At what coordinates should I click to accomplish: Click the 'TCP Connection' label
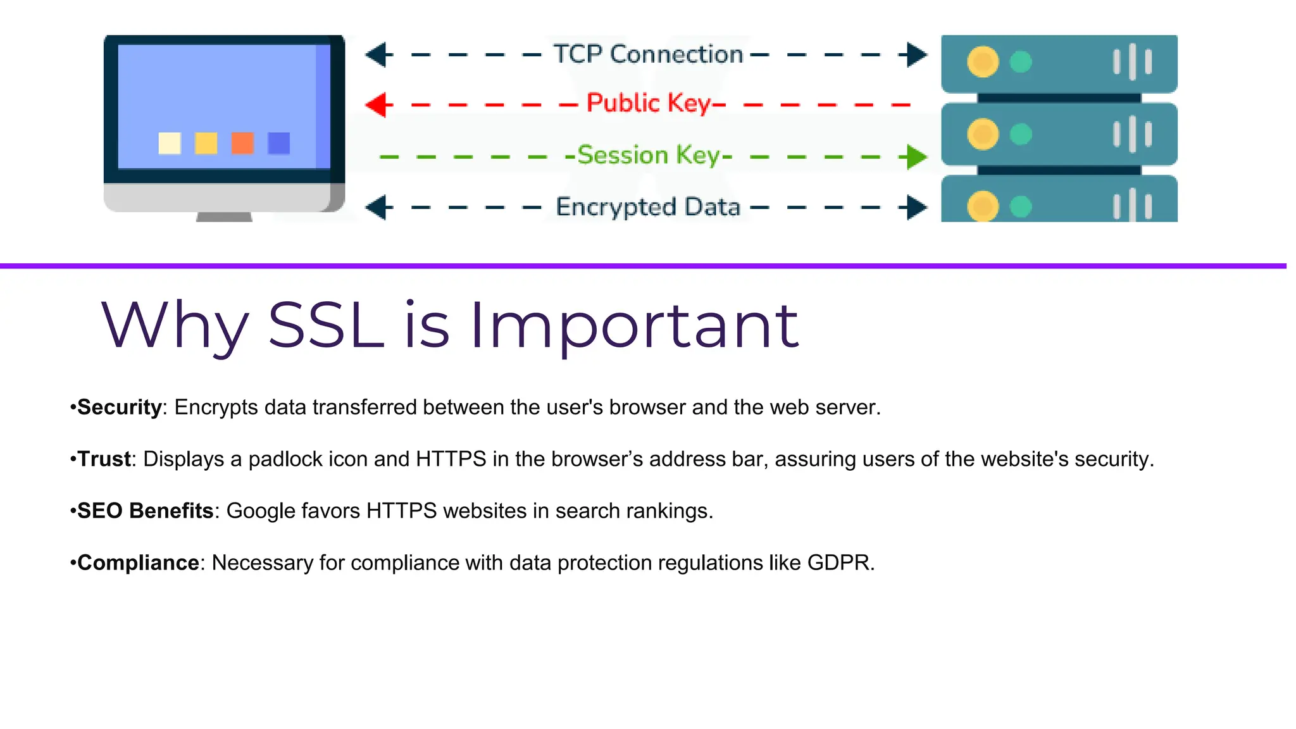tap(647, 54)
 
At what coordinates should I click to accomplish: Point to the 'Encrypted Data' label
tap(648, 207)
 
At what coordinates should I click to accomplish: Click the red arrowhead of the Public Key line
tap(378, 105)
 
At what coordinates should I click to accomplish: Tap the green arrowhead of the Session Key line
tap(915, 157)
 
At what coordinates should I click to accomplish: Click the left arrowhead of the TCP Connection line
tap(378, 55)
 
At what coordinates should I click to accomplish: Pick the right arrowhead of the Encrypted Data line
tap(915, 208)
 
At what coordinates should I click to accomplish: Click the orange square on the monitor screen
tap(242, 143)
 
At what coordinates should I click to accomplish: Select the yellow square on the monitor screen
tap(206, 143)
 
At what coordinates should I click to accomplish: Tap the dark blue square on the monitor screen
tap(279, 143)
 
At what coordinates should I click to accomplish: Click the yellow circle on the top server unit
tap(983, 62)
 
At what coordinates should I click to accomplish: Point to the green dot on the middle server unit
tap(1021, 134)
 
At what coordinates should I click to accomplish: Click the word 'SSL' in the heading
tap(326, 325)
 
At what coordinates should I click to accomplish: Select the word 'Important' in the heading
tap(634, 327)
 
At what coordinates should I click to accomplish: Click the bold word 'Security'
tap(120, 407)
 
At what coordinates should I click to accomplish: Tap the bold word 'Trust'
tap(104, 459)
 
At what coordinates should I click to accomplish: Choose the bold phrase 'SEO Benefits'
tap(145, 511)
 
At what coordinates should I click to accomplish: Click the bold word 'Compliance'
tap(138, 563)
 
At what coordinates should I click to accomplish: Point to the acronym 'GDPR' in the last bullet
tap(838, 563)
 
